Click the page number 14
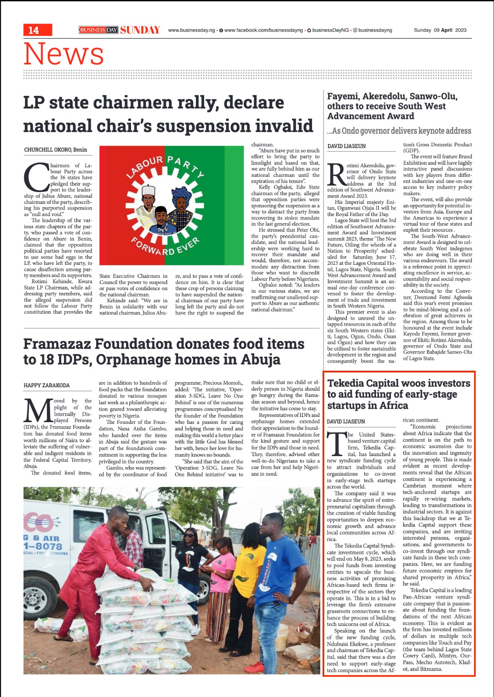point(34,30)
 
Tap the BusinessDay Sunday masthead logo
point(120,30)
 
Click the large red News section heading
point(64,54)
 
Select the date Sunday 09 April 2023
point(440,30)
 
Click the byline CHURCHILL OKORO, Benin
point(55,150)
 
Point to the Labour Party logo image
point(171,207)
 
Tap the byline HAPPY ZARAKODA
point(47,386)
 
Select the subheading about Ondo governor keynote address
point(399,131)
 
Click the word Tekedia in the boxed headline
point(348,383)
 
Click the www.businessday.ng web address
point(192,30)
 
